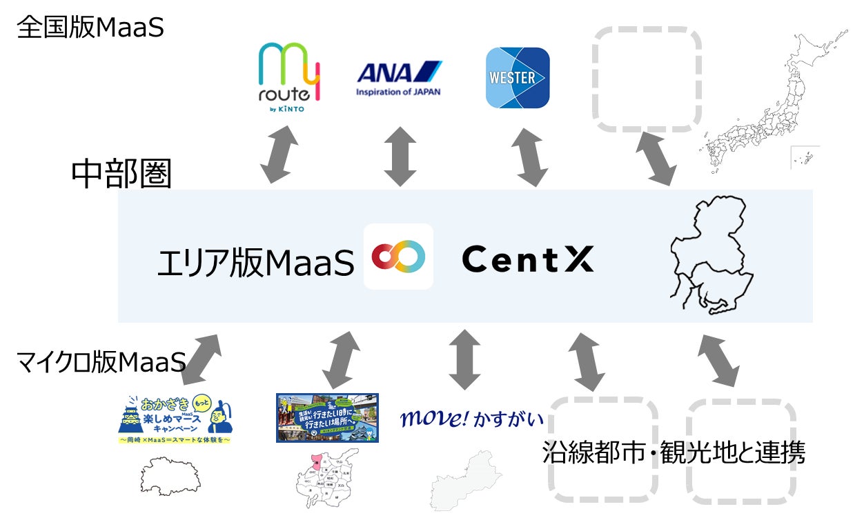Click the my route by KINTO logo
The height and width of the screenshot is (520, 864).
click(288, 78)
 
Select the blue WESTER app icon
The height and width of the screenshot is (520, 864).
click(518, 77)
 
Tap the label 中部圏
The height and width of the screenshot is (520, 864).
click(121, 175)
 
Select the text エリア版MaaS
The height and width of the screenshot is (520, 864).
click(255, 262)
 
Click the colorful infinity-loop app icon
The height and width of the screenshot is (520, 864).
click(398, 257)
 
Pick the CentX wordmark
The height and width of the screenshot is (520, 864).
click(527, 259)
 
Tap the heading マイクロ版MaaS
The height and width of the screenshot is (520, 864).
click(101, 361)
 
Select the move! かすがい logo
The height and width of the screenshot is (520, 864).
click(472, 419)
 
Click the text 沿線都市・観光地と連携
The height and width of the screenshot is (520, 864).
click(674, 452)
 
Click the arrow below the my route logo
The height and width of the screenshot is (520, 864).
click(279, 155)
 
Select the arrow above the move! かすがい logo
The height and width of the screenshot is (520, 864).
click(464, 359)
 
